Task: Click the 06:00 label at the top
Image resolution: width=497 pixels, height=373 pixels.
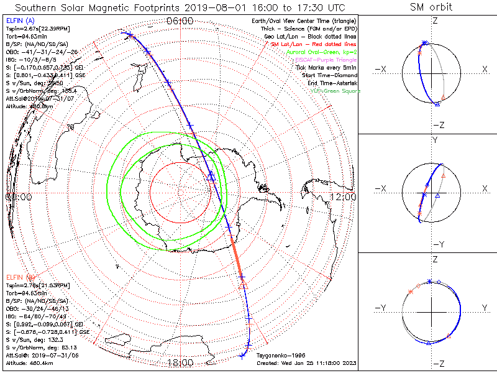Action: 180,21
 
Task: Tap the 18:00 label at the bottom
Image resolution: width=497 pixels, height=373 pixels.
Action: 180,362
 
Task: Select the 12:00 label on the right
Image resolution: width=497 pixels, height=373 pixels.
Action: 343,196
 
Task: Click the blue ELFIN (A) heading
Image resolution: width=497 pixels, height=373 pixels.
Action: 19,21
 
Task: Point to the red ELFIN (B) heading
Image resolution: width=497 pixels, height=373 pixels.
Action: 21,277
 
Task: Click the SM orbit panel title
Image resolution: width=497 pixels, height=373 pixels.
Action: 431,7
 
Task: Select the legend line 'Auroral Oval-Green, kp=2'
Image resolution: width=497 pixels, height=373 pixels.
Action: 321,52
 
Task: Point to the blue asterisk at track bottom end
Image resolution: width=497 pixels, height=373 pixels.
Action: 241,356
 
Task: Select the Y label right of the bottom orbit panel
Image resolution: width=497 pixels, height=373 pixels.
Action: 484,308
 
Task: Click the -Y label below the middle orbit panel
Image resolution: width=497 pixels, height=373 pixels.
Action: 435,244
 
